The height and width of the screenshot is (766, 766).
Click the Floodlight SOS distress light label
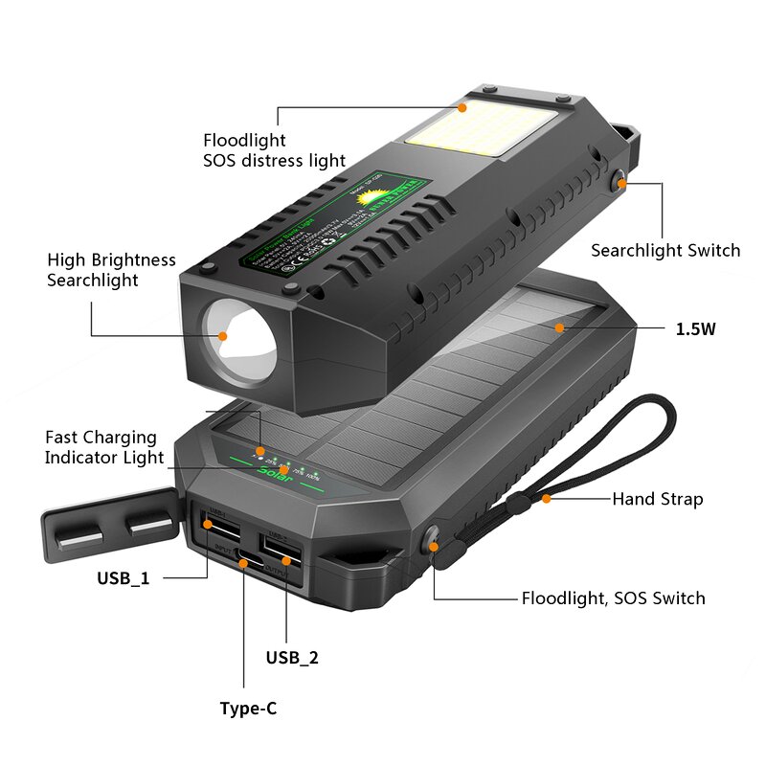[x=274, y=150]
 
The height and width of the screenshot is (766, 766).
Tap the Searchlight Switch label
[x=665, y=251]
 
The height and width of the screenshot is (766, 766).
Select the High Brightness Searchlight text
[x=111, y=270]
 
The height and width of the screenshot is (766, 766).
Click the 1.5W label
[x=695, y=329]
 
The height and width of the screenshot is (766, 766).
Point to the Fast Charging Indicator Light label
[x=104, y=447]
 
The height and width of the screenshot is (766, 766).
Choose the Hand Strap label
[x=657, y=499]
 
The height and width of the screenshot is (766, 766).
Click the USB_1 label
[x=123, y=578]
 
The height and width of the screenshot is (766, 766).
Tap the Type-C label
[x=248, y=709]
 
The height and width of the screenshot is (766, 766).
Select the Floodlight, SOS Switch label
[x=613, y=598]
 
